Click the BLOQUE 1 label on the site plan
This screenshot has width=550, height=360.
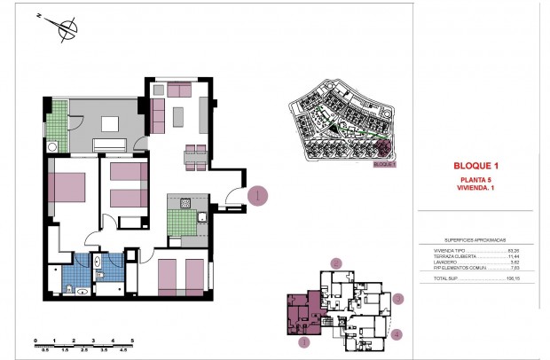pyautogui.click(x=383, y=163)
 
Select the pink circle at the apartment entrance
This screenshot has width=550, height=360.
pyautogui.click(x=255, y=196)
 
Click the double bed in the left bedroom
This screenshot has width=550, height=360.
pyautogui.click(x=67, y=188)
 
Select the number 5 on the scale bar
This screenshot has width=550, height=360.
pyautogui.click(x=131, y=340)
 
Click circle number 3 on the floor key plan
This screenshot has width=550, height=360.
pyautogui.click(x=399, y=299)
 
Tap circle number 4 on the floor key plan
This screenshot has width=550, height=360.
pyautogui.click(x=397, y=334)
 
